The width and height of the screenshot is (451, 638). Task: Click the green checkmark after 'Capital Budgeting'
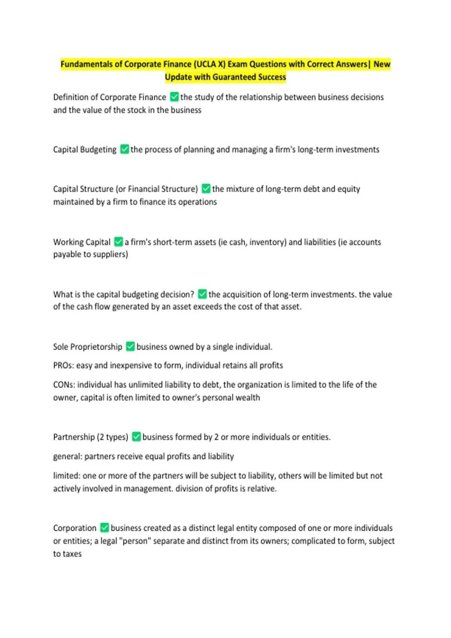tap(124, 149)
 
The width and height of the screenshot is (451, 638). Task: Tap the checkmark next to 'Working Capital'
tap(118, 242)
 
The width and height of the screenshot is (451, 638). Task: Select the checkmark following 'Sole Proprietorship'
tap(130, 346)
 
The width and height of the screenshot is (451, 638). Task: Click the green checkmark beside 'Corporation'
tap(104, 528)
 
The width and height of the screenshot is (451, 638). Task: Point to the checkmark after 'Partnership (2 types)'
tap(136, 436)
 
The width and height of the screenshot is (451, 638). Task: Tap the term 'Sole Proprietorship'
tap(88, 347)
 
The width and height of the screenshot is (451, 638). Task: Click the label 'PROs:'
tap(64, 366)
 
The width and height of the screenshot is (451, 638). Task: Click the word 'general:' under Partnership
tap(68, 456)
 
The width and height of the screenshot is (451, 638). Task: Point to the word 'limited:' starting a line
tap(67, 475)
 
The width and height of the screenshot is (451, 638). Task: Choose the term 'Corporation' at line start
tap(75, 528)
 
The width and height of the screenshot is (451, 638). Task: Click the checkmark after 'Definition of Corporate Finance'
tap(174, 97)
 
